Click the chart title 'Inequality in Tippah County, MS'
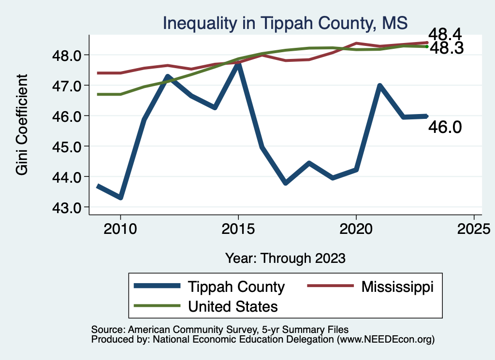285,23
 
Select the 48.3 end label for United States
447,48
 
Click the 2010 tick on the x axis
120,228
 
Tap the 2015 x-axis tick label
238,228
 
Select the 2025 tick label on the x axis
474,228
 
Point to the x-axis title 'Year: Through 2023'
285,258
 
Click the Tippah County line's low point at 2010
120,197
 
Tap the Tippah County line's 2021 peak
379,86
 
